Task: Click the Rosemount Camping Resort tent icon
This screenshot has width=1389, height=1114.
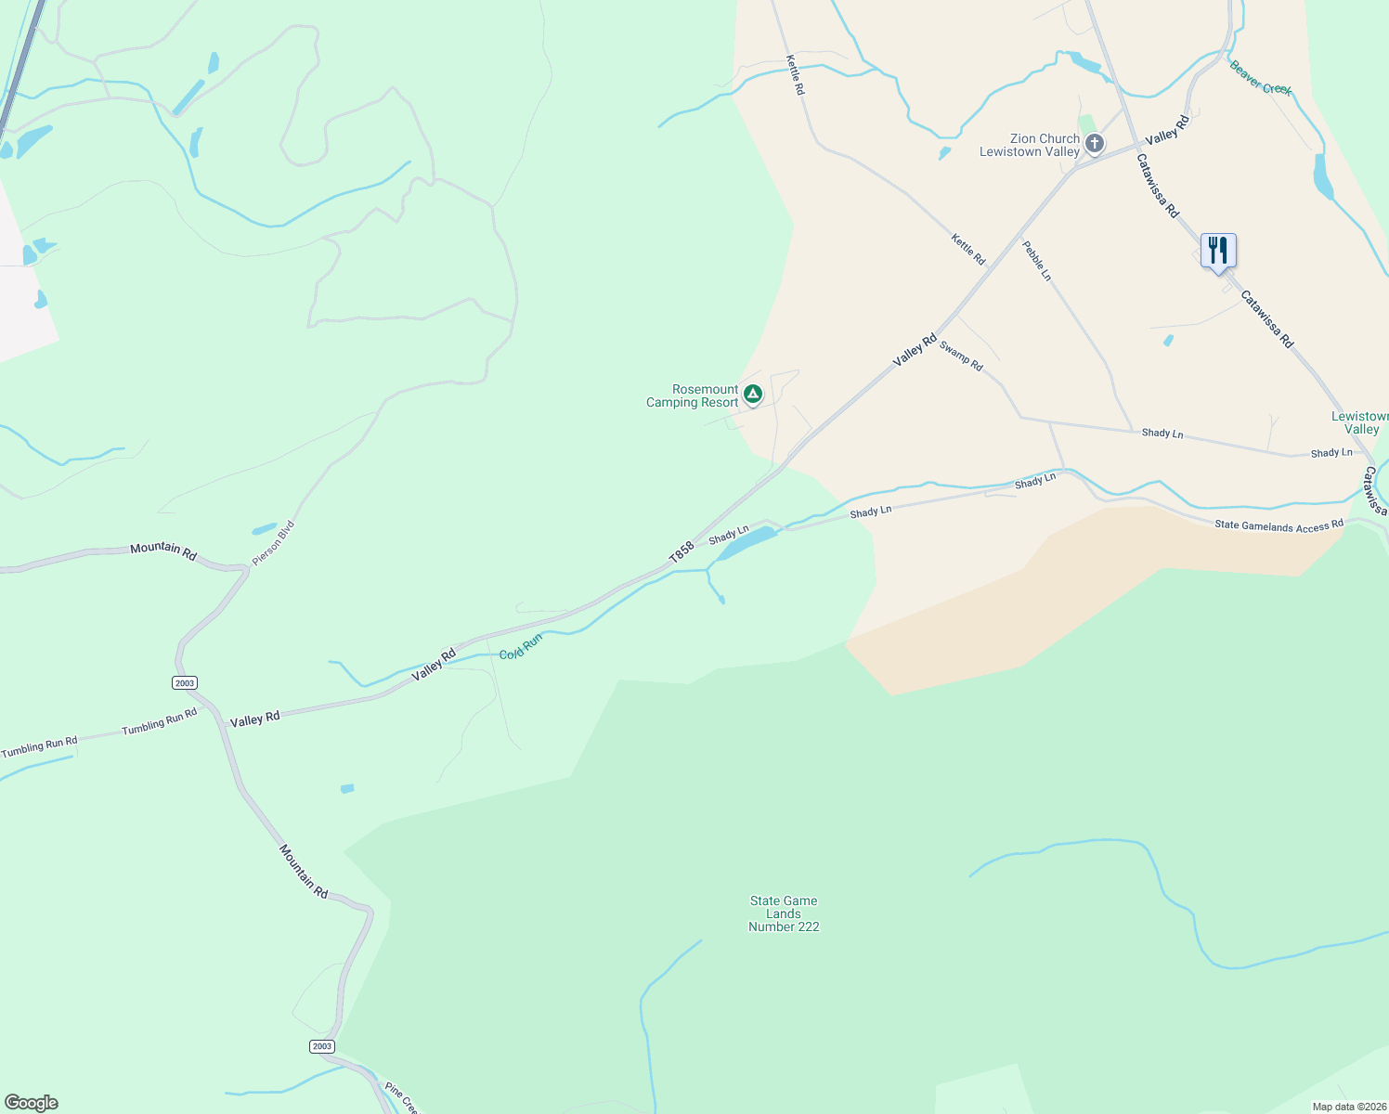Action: (753, 395)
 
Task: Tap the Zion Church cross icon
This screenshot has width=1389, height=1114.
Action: (1095, 143)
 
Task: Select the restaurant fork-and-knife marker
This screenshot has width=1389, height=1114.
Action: (1218, 251)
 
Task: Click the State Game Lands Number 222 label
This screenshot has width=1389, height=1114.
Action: (784, 913)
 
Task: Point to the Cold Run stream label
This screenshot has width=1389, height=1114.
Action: (520, 647)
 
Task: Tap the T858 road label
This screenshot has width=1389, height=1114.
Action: (682, 552)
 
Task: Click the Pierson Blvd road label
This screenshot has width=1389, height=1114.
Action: (274, 543)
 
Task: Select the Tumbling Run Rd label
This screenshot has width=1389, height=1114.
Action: (160, 721)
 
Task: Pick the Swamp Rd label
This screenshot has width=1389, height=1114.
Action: (961, 356)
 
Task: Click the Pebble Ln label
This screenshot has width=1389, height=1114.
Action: (1037, 261)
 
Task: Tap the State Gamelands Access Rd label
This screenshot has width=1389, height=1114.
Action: (1279, 525)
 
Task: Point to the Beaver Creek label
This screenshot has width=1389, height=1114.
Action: (1260, 78)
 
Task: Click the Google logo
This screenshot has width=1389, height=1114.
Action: (32, 1103)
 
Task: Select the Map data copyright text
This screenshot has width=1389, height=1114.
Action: (1348, 1107)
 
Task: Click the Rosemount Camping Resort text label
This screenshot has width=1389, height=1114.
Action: (693, 396)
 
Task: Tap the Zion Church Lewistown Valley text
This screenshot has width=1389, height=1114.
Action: (1031, 145)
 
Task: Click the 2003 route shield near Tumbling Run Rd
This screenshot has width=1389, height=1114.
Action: (184, 683)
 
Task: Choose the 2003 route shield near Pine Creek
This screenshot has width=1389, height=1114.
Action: (321, 1046)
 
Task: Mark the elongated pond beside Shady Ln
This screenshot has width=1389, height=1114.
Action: (746, 543)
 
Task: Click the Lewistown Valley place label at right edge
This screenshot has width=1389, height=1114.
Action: (1360, 422)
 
